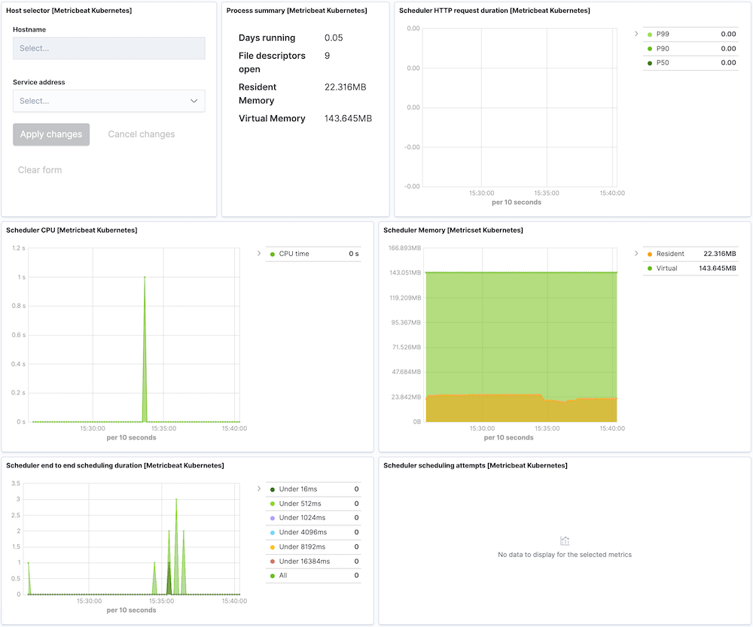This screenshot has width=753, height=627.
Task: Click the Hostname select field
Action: click(x=108, y=48)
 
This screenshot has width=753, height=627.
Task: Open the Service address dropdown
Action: click(x=108, y=101)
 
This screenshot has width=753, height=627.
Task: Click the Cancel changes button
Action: click(x=141, y=135)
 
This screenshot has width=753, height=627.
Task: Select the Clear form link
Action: click(x=40, y=170)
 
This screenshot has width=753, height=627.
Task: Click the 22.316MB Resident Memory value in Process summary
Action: click(x=345, y=87)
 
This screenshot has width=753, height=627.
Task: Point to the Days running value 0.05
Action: click(x=333, y=38)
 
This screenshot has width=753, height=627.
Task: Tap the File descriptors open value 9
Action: click(x=327, y=56)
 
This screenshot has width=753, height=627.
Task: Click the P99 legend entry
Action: click(x=663, y=35)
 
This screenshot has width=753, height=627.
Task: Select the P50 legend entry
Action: click(x=663, y=63)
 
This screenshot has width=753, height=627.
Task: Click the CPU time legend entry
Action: click(x=294, y=254)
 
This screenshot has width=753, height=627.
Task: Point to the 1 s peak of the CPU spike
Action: click(x=145, y=277)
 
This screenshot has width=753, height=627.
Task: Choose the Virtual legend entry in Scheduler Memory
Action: click(x=666, y=269)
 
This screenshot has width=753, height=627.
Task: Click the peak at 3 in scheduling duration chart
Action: click(x=176, y=499)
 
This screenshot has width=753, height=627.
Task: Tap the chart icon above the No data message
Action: click(x=565, y=540)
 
